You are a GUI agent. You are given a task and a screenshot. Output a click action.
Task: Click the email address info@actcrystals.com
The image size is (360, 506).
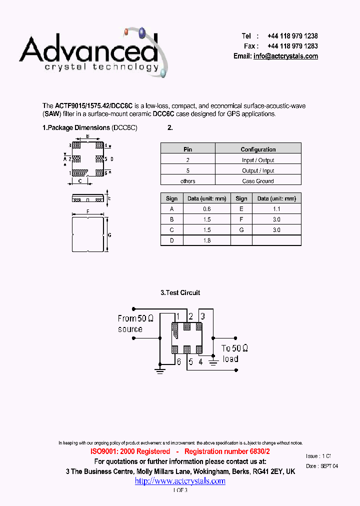[285, 56]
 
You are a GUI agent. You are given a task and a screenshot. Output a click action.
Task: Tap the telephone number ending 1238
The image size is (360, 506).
[292, 36]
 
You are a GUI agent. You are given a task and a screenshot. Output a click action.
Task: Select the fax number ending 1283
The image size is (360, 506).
[292, 46]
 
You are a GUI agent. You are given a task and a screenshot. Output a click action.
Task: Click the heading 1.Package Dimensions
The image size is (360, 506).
[76, 127]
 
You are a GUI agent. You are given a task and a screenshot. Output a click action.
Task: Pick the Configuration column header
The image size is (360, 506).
[258, 149]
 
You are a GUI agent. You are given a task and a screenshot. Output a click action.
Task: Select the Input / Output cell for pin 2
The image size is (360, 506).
[258, 160]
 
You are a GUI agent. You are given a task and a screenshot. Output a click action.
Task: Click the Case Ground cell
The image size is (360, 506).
[258, 181]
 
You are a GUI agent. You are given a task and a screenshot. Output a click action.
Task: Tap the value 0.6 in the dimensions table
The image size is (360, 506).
[207, 209]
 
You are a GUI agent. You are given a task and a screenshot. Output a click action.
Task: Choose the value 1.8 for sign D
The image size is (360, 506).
[207, 240]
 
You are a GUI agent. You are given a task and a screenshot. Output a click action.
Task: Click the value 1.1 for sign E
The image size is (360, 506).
[276, 209]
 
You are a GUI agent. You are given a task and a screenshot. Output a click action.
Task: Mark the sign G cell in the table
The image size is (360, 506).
[241, 230]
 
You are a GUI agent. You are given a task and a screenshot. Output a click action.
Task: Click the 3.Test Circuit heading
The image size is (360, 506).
[180, 292]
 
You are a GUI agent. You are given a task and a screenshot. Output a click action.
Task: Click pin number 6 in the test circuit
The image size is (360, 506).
[178, 362]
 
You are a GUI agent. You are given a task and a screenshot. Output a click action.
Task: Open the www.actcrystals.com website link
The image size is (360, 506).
[180, 481]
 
